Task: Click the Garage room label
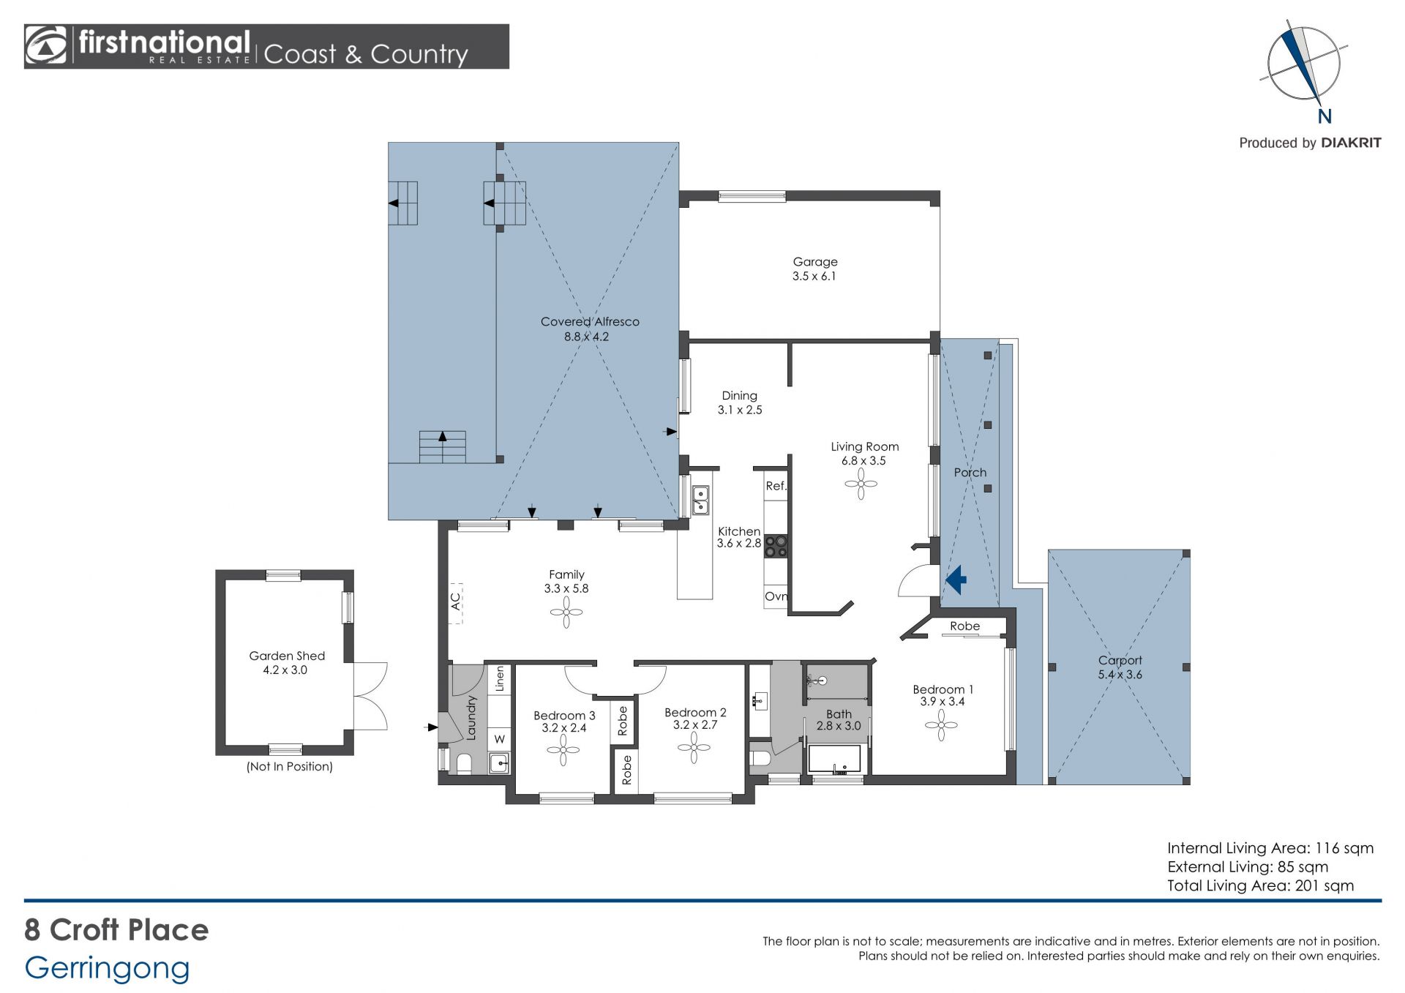click(815, 262)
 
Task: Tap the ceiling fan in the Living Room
click(861, 484)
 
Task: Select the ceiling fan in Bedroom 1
click(941, 725)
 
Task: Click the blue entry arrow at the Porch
click(956, 580)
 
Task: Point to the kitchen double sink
click(700, 500)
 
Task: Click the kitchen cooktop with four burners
click(776, 547)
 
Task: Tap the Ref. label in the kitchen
click(776, 486)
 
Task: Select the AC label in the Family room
click(455, 602)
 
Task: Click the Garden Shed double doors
click(370, 696)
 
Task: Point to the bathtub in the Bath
click(834, 760)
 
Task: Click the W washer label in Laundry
click(500, 739)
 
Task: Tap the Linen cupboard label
click(500, 679)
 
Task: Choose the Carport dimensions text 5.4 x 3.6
click(1120, 675)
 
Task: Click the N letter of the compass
click(1325, 116)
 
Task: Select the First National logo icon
click(46, 46)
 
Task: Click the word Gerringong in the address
click(108, 968)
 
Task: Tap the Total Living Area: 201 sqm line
click(1260, 885)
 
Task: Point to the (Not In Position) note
click(290, 767)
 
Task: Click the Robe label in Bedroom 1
click(964, 626)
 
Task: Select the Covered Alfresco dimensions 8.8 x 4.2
click(586, 337)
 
